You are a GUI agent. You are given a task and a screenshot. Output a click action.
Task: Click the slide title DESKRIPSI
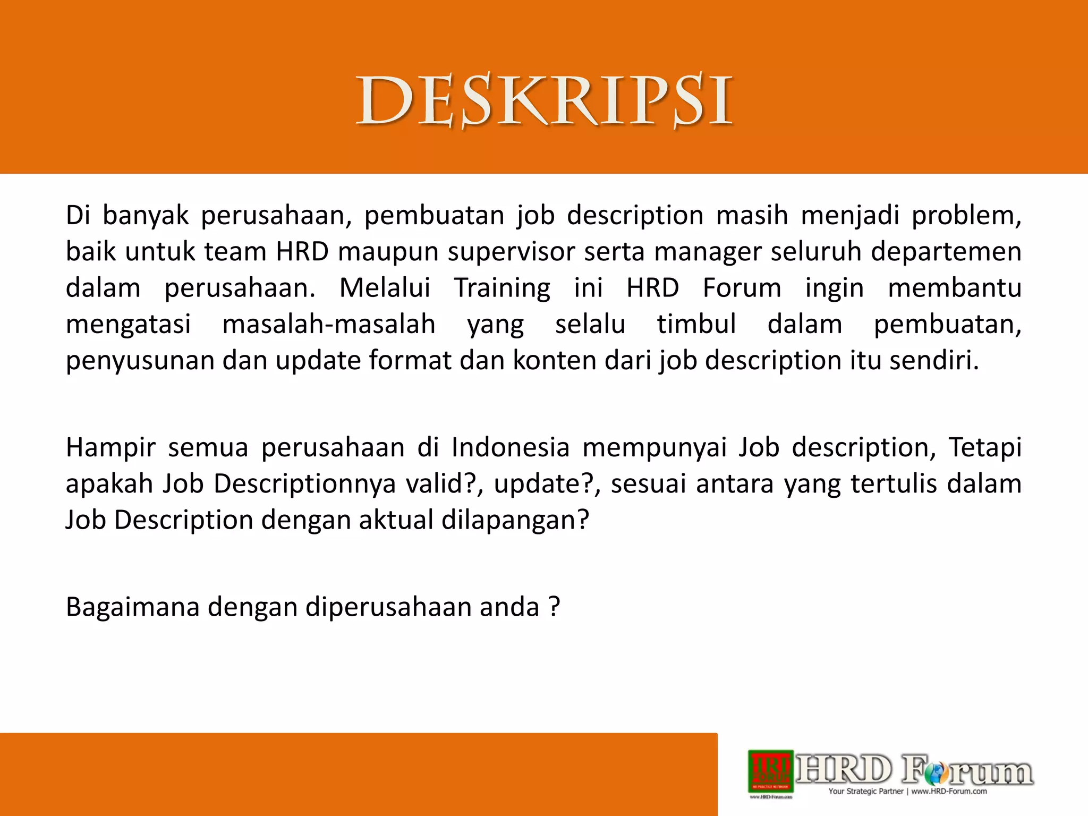[544, 101]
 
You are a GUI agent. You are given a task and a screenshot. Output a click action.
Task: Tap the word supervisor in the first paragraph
[511, 252]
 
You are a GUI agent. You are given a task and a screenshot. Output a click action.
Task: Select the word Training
[502, 288]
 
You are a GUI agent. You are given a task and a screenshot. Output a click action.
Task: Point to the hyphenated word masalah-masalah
[329, 324]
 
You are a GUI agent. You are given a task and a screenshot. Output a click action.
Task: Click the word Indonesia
[511, 447]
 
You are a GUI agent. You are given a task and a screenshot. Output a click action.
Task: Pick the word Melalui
[385, 288]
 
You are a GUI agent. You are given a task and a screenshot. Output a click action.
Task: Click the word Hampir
[110, 447]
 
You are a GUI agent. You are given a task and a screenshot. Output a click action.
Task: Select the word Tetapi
[985, 447]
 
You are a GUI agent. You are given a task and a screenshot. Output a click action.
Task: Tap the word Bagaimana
[132, 607]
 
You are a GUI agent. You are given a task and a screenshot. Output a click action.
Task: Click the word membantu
[955, 288]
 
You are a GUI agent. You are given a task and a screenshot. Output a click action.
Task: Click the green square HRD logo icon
[771, 770]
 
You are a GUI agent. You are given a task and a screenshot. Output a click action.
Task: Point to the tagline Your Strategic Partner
[865, 792]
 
